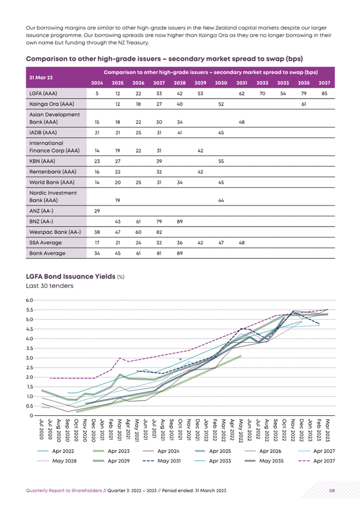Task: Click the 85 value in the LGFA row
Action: [x=324, y=93]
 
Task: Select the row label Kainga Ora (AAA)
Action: [x=52, y=104]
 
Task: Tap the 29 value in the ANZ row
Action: [x=97, y=211]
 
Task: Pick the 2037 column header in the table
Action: [x=324, y=83]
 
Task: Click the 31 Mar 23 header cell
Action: [x=41, y=78]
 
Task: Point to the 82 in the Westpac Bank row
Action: [x=159, y=232]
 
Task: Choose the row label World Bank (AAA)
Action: [x=52, y=182]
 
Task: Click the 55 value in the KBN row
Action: [x=221, y=161]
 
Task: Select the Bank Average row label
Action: [x=47, y=253]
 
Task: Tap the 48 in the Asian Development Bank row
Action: [x=242, y=122]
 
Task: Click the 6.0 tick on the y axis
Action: [x=29, y=300]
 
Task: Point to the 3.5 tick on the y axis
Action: [x=29, y=349]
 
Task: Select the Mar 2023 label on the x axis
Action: [x=327, y=430]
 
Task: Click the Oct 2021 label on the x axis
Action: [x=180, y=430]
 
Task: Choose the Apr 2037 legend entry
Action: [x=316, y=461]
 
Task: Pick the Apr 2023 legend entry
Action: [x=111, y=451]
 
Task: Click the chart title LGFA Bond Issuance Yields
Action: [x=70, y=277]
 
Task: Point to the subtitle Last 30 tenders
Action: [x=50, y=286]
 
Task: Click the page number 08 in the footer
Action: [x=332, y=490]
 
